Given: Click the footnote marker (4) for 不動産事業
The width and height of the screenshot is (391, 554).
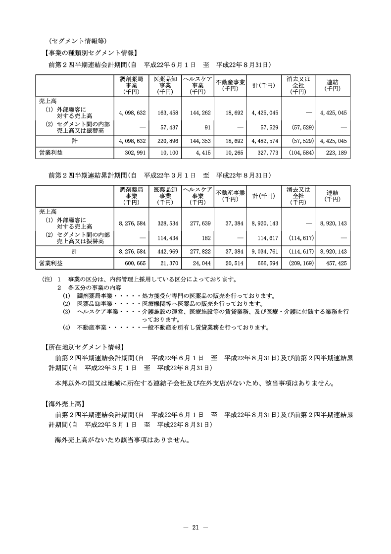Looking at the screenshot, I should click(66, 327).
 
